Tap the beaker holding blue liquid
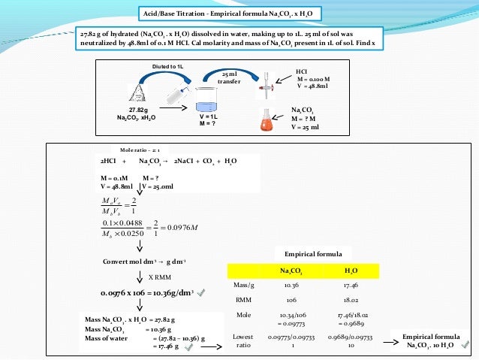coord(206,98)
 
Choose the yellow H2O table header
coord(350,271)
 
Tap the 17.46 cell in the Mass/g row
coord(350,286)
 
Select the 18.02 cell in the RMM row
coord(350,300)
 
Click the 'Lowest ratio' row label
coord(243,340)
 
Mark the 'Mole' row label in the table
coord(243,313)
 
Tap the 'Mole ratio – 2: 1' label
coord(134,149)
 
